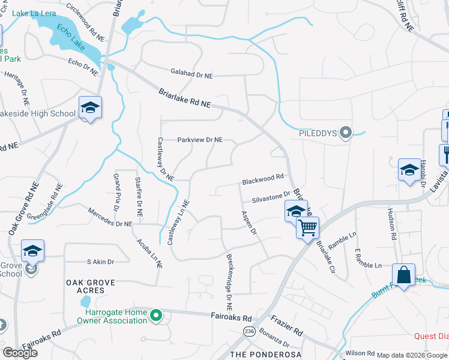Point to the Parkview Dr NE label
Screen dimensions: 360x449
(x=200, y=140)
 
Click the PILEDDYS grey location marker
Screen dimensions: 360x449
(x=345, y=132)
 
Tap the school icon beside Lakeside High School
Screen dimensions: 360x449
(x=90, y=108)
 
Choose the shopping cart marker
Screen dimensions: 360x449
(x=307, y=229)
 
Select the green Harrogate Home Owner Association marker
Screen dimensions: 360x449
(x=156, y=314)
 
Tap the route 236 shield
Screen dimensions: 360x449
(x=248, y=331)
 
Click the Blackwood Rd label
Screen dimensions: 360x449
(x=262, y=179)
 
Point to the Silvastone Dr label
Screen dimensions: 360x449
(x=271, y=196)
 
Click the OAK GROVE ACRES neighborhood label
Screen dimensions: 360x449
(x=85, y=286)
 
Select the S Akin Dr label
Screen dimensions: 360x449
(x=100, y=262)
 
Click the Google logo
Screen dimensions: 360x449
(x=20, y=353)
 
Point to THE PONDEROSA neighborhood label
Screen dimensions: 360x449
(x=260, y=355)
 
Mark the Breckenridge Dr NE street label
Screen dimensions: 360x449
(x=229, y=274)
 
